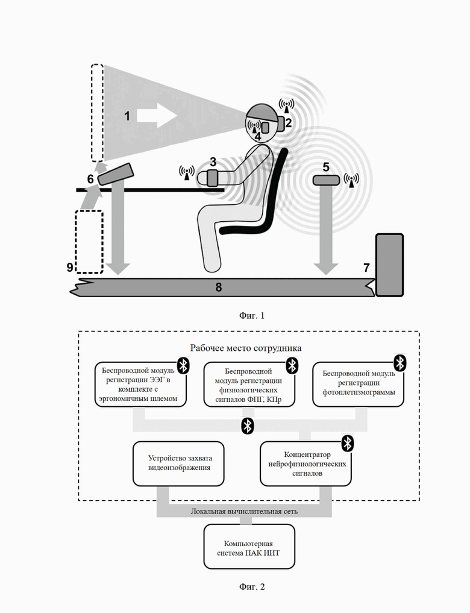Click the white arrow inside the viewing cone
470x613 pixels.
pos(157,115)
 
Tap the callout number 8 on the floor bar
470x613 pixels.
pos(218,288)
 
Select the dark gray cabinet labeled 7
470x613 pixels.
pos(389,265)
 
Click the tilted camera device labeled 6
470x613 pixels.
pos(116,174)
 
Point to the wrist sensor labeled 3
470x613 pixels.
pos(212,178)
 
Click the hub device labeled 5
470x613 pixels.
pos(326,180)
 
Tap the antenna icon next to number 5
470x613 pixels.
pos(351,180)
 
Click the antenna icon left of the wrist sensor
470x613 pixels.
pos(187,172)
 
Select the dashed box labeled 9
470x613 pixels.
pos(89,242)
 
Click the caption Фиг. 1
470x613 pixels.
pos(252,315)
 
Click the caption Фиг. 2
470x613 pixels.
pos(252,587)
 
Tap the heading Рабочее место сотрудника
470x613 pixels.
pos(246,348)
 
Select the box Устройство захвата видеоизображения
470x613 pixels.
pos(178,464)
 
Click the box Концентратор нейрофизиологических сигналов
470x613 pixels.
pos(305,464)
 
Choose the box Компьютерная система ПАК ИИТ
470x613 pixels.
pos(249,547)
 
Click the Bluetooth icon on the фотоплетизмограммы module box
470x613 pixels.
pos(399,363)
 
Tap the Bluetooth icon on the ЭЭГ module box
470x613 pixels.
pos(183,365)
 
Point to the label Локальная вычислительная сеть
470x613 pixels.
pos(244,511)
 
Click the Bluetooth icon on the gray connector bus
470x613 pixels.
pos(247,426)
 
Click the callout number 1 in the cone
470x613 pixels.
pos(127,116)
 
